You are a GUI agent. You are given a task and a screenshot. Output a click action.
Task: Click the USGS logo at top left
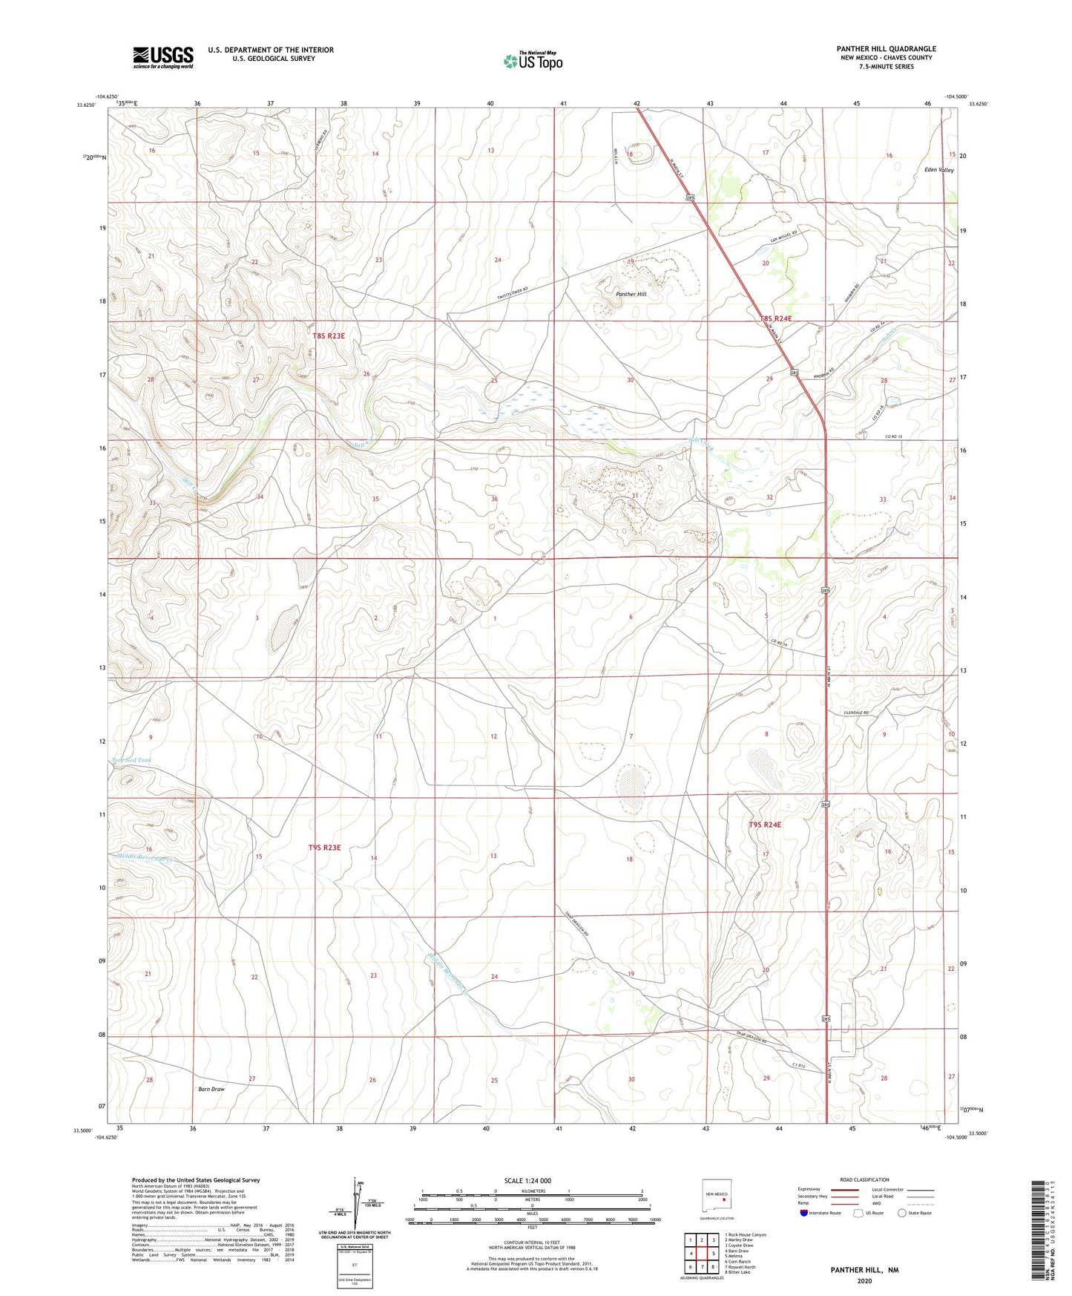[x=163, y=56]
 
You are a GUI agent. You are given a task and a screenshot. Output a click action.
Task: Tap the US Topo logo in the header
[x=533, y=60]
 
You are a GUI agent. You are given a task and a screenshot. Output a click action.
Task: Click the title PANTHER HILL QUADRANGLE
[x=886, y=49]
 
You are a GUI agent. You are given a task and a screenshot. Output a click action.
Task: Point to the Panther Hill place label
[x=631, y=294]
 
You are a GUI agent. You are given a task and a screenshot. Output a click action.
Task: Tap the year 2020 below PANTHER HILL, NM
[x=864, y=1280]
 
